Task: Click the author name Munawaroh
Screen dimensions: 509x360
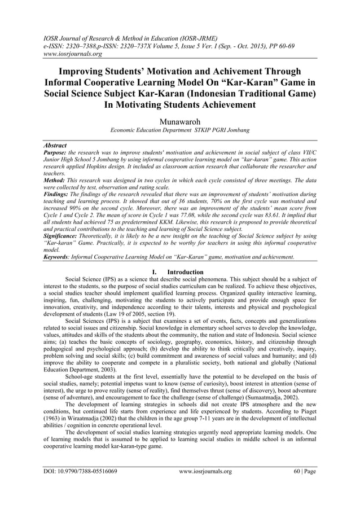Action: [x=180, y=121]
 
